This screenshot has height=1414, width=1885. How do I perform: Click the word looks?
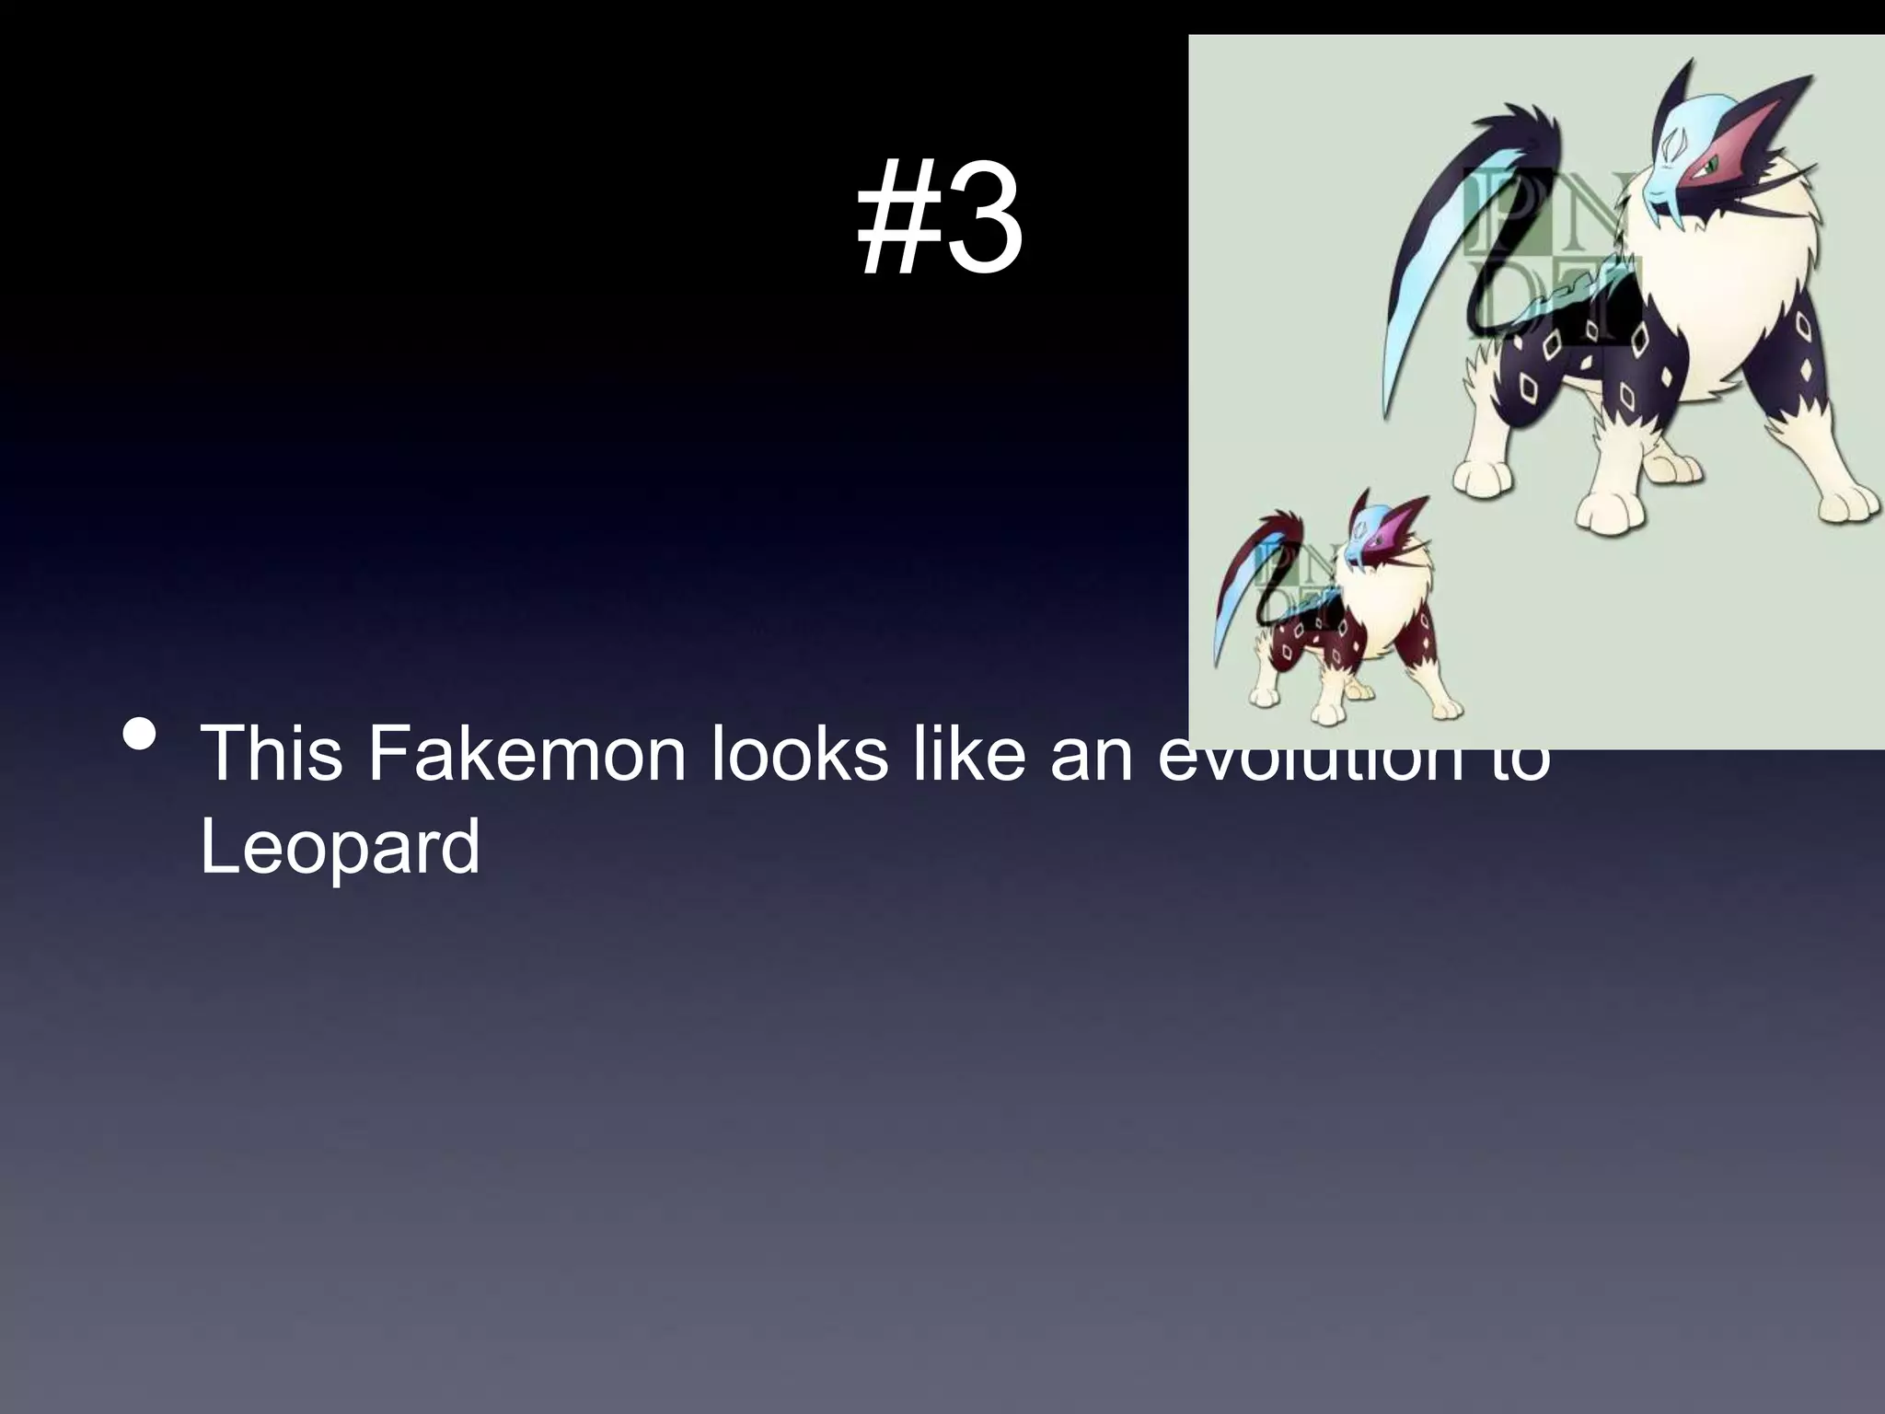click(x=799, y=754)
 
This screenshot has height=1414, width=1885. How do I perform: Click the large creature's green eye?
click(x=1708, y=167)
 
